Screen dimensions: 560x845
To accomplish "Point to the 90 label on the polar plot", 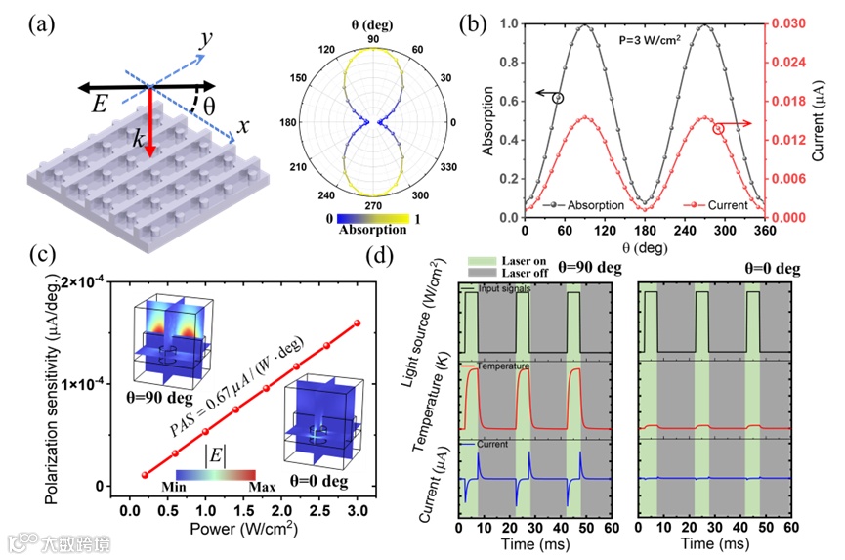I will [372, 38].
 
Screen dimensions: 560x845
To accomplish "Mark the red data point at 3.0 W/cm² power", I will [357, 323].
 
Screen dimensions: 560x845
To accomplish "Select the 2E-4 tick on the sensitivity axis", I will [87, 282].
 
